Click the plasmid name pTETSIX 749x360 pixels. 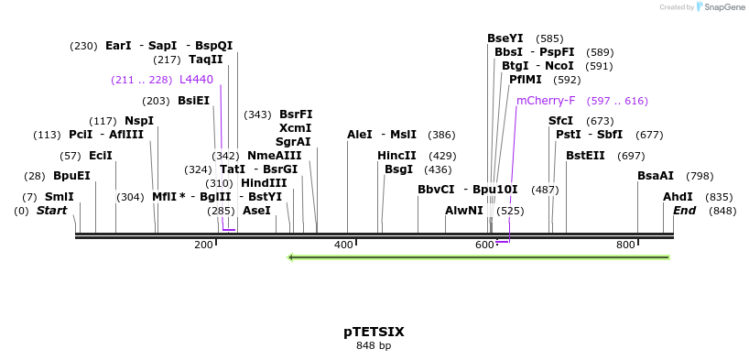(374, 332)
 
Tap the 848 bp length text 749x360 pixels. (374, 346)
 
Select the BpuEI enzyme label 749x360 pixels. (71, 176)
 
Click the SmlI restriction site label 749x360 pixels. (60, 197)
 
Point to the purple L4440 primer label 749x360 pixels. (196, 80)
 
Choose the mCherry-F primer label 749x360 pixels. (546, 101)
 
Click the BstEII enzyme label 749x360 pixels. (585, 156)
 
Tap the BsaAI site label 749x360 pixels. (656, 176)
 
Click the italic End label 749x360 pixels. (685, 211)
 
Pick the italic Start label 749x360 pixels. (51, 211)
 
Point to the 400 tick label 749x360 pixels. (343, 245)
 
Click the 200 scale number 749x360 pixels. (203, 245)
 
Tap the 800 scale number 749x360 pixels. (625, 245)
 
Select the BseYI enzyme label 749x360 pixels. (505, 38)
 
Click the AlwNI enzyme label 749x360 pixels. (464, 211)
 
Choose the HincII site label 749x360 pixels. (396, 156)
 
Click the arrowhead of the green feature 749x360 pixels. (291, 257)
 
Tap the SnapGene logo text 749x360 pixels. (724, 7)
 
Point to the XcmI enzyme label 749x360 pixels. (295, 128)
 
